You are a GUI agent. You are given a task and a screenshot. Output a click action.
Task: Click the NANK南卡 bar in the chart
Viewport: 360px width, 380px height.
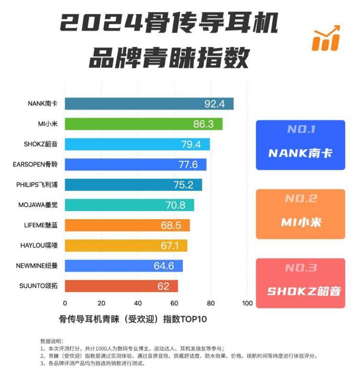click(149, 104)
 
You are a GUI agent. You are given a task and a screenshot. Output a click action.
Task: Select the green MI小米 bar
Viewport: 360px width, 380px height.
click(143, 124)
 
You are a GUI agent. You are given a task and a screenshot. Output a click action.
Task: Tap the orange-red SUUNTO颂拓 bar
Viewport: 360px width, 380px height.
click(121, 286)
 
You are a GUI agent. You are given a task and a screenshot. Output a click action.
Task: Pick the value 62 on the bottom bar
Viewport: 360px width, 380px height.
click(164, 287)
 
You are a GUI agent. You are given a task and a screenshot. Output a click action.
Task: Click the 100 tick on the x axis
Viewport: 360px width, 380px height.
click(247, 303)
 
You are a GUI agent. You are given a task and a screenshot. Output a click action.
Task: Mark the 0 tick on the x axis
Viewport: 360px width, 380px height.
click(65, 303)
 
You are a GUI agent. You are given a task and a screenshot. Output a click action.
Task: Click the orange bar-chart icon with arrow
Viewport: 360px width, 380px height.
click(326, 38)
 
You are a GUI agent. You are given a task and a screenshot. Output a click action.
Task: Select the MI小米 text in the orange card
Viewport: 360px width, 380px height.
click(300, 223)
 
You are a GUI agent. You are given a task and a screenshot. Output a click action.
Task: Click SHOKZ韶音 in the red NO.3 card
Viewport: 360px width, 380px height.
click(300, 291)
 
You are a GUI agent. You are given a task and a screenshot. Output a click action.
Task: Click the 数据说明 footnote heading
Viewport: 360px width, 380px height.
click(51, 341)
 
